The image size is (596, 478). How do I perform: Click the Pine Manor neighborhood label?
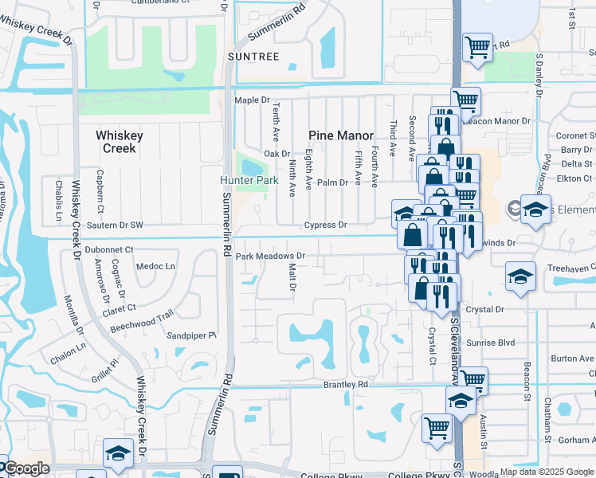(x=340, y=135)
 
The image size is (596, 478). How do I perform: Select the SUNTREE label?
(x=253, y=57)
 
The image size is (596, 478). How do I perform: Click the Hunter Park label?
(x=249, y=181)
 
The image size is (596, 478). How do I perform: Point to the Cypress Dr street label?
(x=327, y=225)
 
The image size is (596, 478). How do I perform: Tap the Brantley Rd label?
(x=345, y=384)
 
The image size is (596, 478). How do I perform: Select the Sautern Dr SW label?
(x=116, y=225)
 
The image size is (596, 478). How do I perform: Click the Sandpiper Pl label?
(x=191, y=336)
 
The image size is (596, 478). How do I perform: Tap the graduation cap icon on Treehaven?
(x=520, y=276)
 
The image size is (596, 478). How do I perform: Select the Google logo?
(x=25, y=469)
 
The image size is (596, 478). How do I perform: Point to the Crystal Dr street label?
(x=485, y=309)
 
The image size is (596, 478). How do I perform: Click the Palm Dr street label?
(x=333, y=182)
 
